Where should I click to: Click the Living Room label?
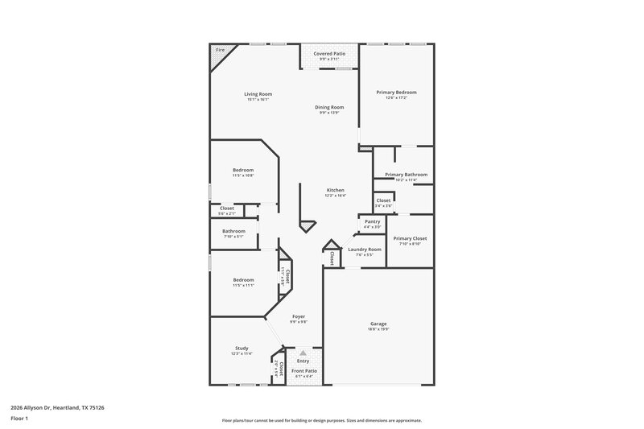click(x=258, y=94)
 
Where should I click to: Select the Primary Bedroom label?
click(x=396, y=93)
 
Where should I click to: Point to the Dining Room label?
click(x=329, y=107)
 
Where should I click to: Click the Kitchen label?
click(x=335, y=190)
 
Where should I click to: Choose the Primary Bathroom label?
click(x=406, y=175)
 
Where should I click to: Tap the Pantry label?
click(x=372, y=221)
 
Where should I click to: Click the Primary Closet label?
click(x=410, y=238)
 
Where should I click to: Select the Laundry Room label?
click(x=364, y=250)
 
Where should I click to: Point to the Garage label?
click(x=378, y=323)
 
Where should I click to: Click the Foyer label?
click(x=299, y=316)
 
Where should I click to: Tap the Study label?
click(x=242, y=348)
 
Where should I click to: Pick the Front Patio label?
click(x=303, y=370)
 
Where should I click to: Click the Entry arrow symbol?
click(x=303, y=353)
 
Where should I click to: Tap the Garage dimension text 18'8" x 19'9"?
click(x=378, y=328)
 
